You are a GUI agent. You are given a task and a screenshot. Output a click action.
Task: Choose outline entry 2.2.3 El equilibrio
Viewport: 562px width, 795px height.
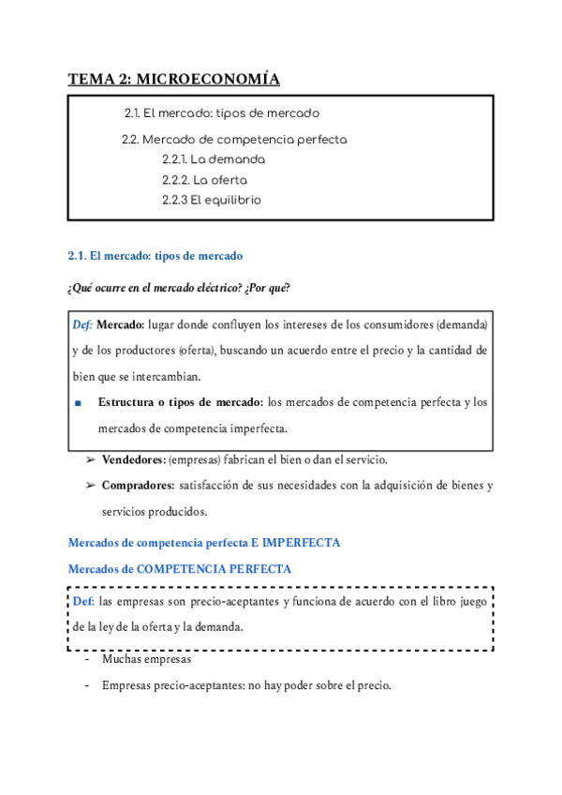click(x=211, y=200)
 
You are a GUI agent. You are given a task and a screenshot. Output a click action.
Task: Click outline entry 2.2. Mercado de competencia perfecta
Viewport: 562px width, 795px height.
click(x=234, y=140)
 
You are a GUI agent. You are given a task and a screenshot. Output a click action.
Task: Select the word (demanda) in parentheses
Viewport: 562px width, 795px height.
click(x=461, y=324)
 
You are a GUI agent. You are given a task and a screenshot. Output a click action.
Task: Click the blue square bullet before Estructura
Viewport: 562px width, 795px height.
click(x=78, y=403)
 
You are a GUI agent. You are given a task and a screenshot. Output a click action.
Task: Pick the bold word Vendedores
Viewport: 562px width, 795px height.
click(x=133, y=459)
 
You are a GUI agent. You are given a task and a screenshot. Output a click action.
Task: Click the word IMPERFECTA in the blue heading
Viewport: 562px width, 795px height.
click(x=302, y=543)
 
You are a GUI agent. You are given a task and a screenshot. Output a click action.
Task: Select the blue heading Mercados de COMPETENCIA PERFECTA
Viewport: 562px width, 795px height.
click(x=180, y=569)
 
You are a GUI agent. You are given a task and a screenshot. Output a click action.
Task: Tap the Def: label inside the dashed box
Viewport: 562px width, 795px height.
click(x=83, y=601)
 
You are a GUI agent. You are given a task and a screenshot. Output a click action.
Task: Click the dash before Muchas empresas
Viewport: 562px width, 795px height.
click(x=86, y=659)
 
